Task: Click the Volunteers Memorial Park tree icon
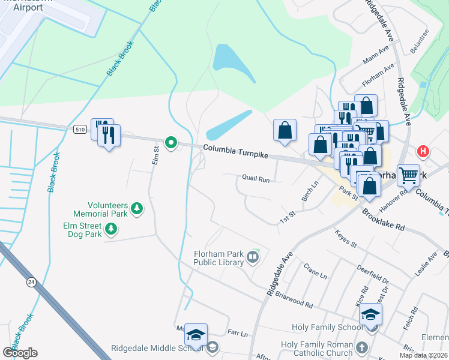click(137, 208)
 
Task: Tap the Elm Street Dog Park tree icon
click(110, 228)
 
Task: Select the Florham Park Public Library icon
click(253, 258)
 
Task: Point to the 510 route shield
click(80, 128)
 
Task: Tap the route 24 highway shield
click(31, 281)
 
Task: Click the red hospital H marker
click(424, 151)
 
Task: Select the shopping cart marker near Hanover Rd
click(408, 175)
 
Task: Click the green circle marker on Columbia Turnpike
click(171, 143)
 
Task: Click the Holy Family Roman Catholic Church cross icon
click(361, 347)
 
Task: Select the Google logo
click(20, 353)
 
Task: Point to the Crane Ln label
click(315, 271)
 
